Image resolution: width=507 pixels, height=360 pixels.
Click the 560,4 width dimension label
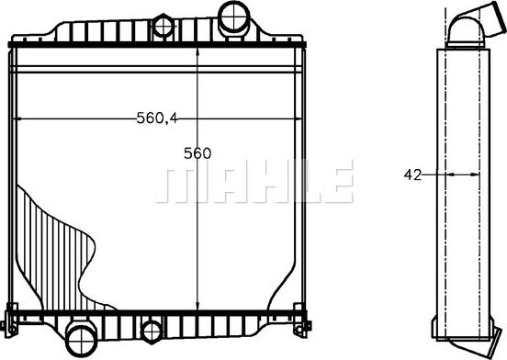[x=157, y=118]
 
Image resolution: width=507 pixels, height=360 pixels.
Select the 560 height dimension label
[x=197, y=153]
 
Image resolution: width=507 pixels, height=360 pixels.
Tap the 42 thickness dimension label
[x=412, y=174]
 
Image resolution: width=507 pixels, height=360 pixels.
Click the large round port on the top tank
[x=234, y=17]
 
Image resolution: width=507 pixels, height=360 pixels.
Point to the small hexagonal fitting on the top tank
[x=163, y=27]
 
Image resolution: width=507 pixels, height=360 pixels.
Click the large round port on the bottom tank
[x=82, y=342]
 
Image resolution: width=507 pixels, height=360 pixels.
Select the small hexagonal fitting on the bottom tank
[x=152, y=332]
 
